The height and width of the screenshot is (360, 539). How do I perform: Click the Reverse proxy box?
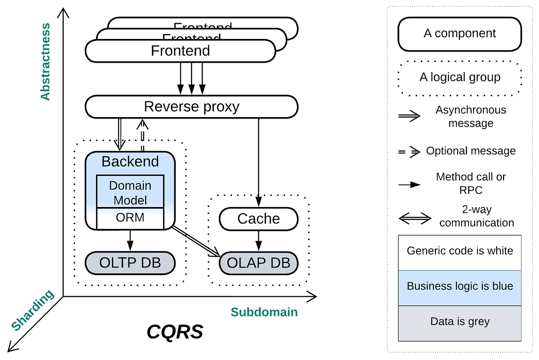coord(191,107)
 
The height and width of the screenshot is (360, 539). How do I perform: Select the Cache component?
coord(258,219)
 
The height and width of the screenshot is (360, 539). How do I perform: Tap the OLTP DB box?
coord(130,263)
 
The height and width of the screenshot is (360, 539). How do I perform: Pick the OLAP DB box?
coord(258,263)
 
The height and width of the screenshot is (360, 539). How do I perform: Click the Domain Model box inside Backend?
coord(130,192)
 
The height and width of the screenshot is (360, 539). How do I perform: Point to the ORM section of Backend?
coord(130,218)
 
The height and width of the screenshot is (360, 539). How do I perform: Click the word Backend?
coord(130,162)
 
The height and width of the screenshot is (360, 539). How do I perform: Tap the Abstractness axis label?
coord(45,61)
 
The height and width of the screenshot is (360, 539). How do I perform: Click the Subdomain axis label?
coord(264,312)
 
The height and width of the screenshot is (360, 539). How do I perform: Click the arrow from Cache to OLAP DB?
coord(258,240)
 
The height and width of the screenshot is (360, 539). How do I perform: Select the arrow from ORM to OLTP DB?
coord(130,240)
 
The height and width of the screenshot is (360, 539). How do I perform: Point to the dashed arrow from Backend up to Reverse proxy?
coord(142,135)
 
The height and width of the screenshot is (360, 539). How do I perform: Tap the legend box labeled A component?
coord(459,34)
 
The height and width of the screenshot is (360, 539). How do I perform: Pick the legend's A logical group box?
coord(459,77)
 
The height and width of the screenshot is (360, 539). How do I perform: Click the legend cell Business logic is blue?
coord(459,286)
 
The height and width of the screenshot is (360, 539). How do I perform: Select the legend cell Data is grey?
coord(459,321)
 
